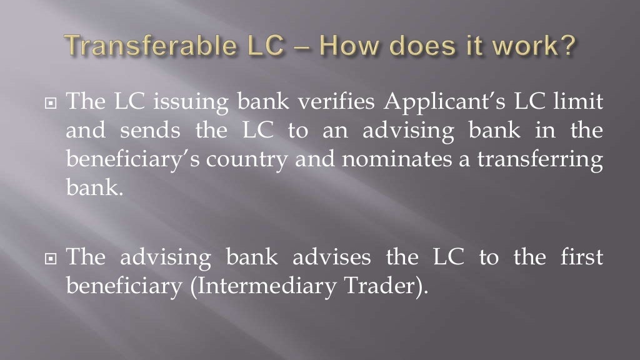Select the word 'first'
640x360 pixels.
(584, 257)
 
